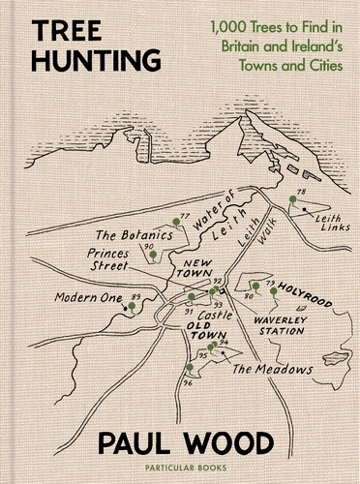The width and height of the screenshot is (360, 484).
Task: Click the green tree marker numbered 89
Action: pyautogui.click(x=131, y=307)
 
